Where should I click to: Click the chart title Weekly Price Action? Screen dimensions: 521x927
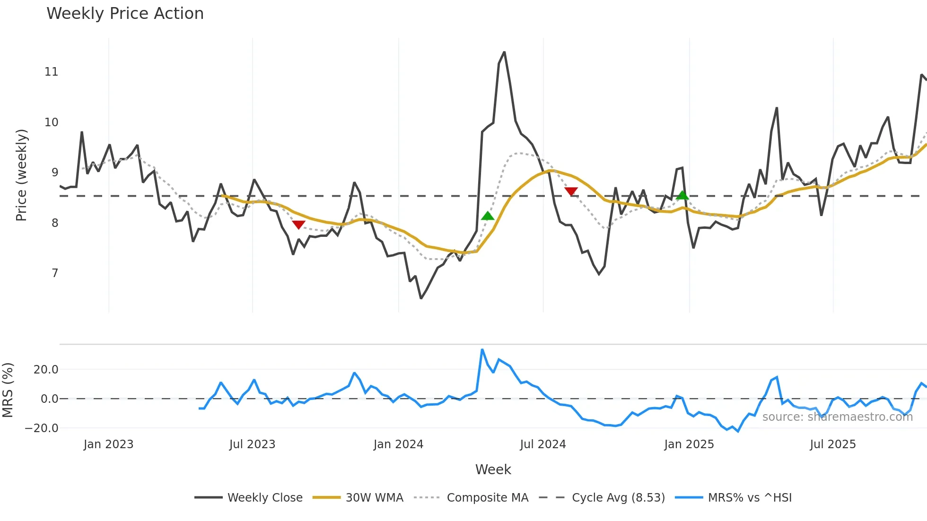(125, 14)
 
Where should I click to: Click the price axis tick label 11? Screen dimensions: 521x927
(51, 72)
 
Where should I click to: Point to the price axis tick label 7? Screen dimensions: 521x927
(55, 273)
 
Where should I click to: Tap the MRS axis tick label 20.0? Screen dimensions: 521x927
(46, 370)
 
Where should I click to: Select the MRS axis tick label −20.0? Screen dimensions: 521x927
(42, 428)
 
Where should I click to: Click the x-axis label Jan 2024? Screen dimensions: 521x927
(398, 444)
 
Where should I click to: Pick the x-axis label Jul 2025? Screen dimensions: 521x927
(832, 444)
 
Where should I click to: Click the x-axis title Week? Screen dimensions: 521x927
(493, 469)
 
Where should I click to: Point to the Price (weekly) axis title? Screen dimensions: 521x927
(22, 175)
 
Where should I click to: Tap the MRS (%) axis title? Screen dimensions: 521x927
(8, 390)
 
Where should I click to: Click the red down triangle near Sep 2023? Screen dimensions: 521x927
(298, 225)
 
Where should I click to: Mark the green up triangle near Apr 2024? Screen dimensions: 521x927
(488, 216)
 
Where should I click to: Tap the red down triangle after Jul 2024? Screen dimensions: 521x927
(571, 191)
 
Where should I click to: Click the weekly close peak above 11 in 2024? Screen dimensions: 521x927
(504, 52)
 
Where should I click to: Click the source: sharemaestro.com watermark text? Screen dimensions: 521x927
(837, 417)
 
